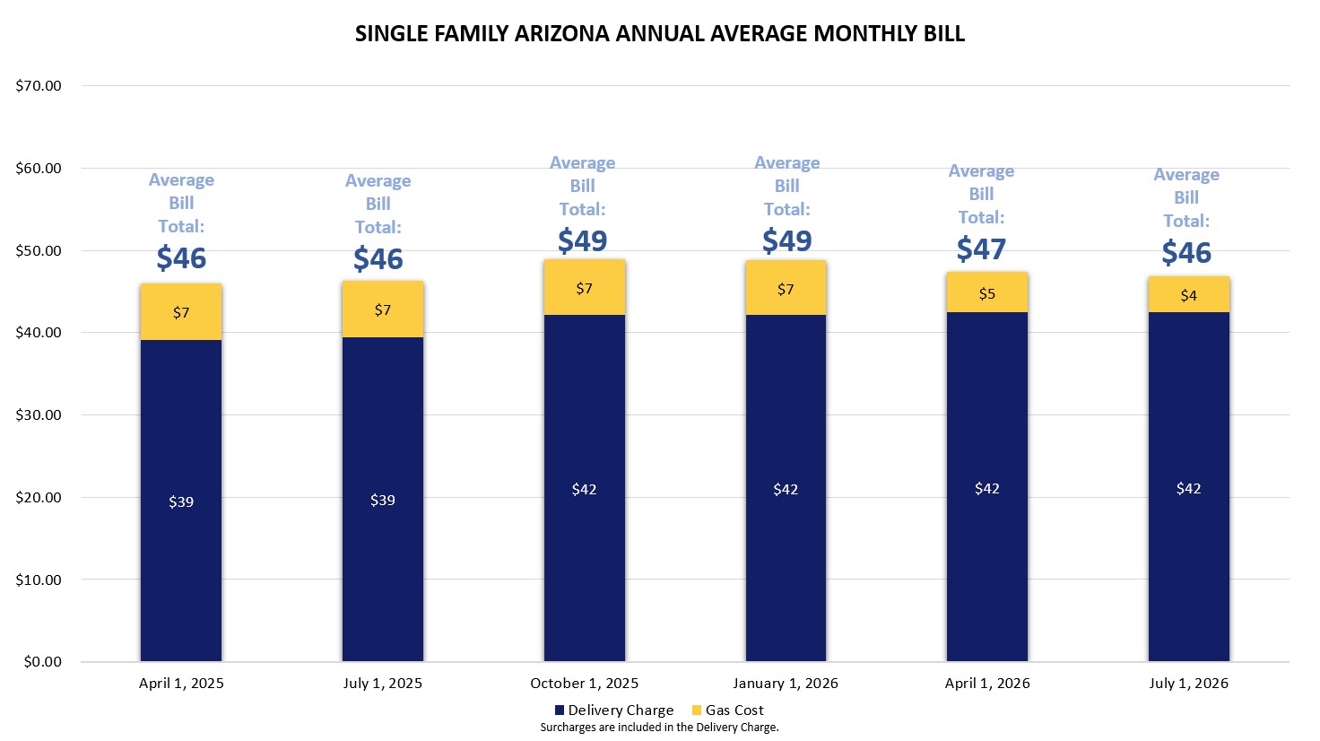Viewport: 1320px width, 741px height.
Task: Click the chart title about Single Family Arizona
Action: (x=659, y=34)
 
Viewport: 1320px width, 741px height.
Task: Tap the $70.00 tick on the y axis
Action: (x=39, y=86)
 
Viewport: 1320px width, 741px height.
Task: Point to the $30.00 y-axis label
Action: (x=39, y=415)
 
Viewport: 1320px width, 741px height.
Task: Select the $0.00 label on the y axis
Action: (x=42, y=662)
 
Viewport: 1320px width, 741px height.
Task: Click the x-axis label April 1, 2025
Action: (x=181, y=684)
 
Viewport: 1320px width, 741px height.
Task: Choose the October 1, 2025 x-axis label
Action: (x=584, y=684)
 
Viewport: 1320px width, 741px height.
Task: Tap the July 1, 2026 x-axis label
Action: (x=1188, y=684)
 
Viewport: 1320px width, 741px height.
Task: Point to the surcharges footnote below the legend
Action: (x=659, y=728)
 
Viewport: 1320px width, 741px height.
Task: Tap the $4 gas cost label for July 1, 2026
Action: (x=1188, y=296)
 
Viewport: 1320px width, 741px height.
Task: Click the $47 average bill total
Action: (x=981, y=248)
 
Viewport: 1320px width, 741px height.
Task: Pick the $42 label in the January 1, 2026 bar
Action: (x=786, y=490)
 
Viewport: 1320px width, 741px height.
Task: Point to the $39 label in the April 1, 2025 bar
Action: (x=181, y=502)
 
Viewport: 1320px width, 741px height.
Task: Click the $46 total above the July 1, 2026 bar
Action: (x=1186, y=253)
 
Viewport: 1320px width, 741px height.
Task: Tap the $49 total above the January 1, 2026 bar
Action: (x=786, y=241)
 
